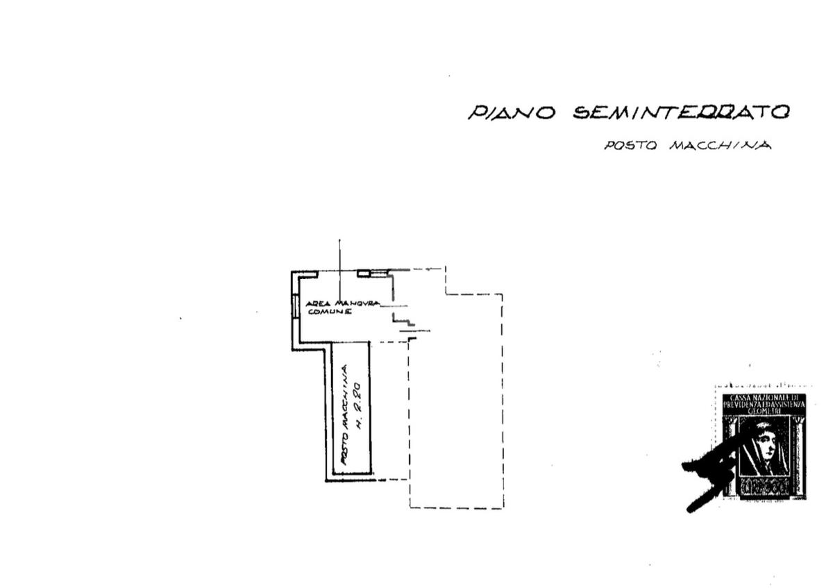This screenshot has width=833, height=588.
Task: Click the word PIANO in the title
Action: point(512,112)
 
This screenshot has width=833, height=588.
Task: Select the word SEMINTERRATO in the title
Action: point(681,112)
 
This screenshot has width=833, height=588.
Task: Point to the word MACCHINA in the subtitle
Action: point(719,146)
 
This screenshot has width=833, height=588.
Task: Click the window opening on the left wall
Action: point(294,305)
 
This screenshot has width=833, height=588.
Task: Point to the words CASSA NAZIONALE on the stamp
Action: point(764,398)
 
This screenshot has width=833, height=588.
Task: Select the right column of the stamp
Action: point(798,451)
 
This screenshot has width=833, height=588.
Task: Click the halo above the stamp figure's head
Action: point(763,425)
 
